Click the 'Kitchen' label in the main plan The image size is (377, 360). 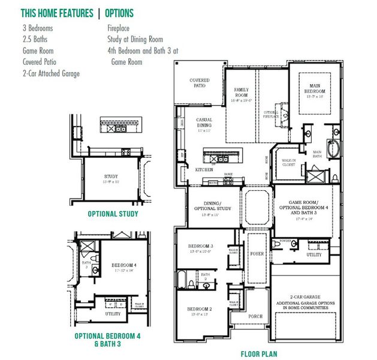point(204,170)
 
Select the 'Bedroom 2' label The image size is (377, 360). point(200,310)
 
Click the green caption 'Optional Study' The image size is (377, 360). point(113,214)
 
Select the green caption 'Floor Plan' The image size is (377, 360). point(258,354)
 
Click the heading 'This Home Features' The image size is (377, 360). point(56,13)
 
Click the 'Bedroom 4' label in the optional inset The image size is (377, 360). point(124,265)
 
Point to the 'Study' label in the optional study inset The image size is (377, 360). point(112,177)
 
